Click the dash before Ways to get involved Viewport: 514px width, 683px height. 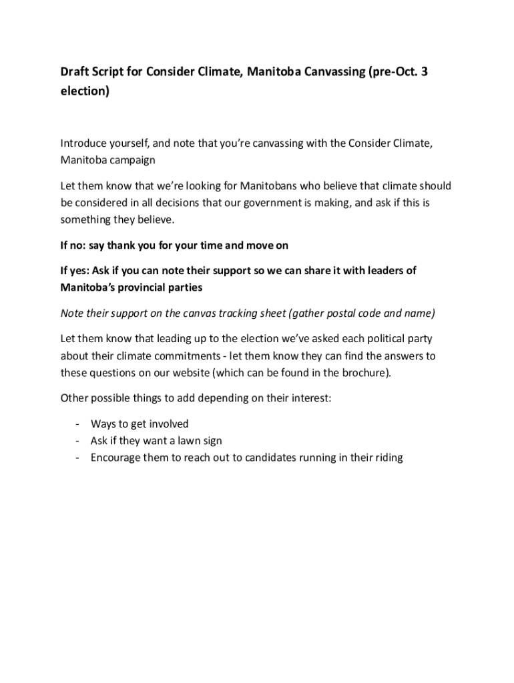pos(78,424)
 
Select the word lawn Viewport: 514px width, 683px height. pos(185,441)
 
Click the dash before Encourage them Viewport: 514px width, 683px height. pos(78,458)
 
